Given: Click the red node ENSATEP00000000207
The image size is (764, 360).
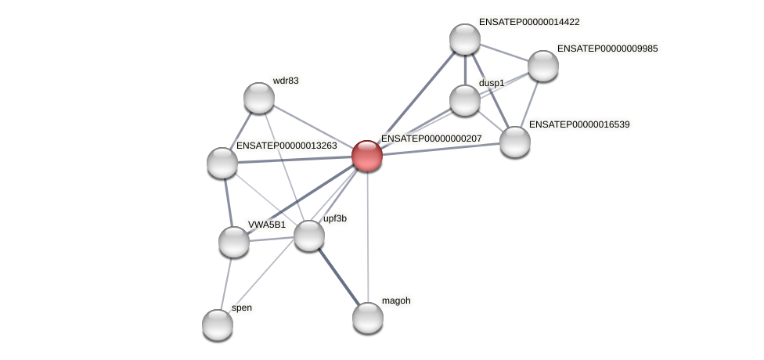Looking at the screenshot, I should coord(366,155).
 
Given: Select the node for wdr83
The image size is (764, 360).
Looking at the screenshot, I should coord(258,98).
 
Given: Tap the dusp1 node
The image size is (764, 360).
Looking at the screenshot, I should coord(465,100).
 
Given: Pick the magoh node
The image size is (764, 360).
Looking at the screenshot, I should coord(367,317).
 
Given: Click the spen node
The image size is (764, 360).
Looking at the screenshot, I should coord(218,324).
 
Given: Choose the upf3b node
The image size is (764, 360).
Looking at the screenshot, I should coord(308,235).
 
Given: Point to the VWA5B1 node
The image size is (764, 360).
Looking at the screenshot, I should coord(233,241).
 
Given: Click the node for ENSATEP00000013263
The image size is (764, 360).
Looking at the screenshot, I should coord(222,162).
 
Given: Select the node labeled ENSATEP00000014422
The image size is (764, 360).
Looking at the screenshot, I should coord(464,39).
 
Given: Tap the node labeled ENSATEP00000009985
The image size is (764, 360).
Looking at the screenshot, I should coord(542,66).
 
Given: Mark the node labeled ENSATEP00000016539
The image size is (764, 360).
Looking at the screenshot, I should coord(514,142).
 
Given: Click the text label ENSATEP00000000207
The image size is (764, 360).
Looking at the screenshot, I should coord(431,139).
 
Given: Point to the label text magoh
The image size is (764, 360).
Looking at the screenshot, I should coord(395,301).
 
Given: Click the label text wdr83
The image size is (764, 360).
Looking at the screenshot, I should coord(285,81).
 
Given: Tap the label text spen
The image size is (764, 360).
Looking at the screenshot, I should coord(242,308).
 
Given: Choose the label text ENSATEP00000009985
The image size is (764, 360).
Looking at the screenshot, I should coord(607,49).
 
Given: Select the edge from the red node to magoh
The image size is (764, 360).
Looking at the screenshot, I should coord(366,235).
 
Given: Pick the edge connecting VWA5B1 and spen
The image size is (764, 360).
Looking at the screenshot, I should coord(225,283).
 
